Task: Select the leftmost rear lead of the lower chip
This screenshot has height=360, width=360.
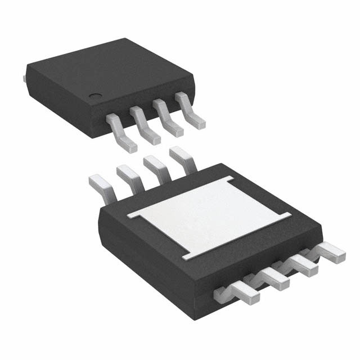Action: coord(101,186)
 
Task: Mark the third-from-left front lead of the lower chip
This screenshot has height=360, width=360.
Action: coord(304,262)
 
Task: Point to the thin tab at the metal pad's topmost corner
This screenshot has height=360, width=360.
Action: coord(231,180)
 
